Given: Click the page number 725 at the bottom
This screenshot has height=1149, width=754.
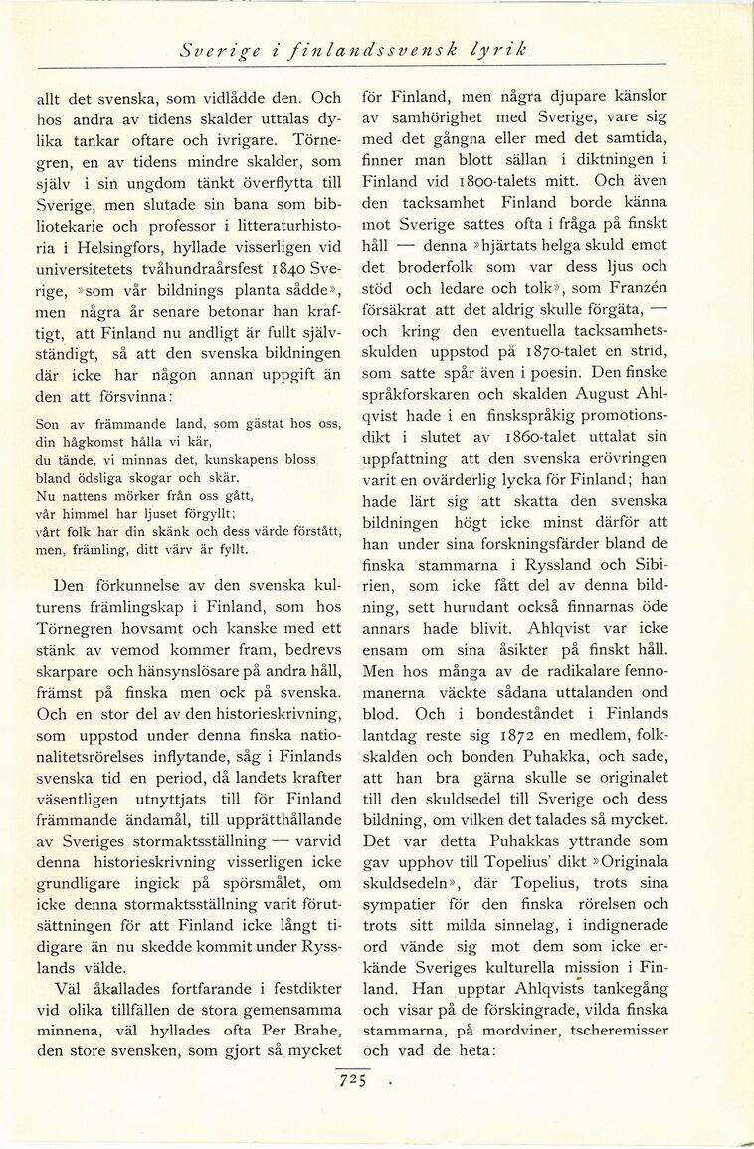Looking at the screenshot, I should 355,1078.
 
